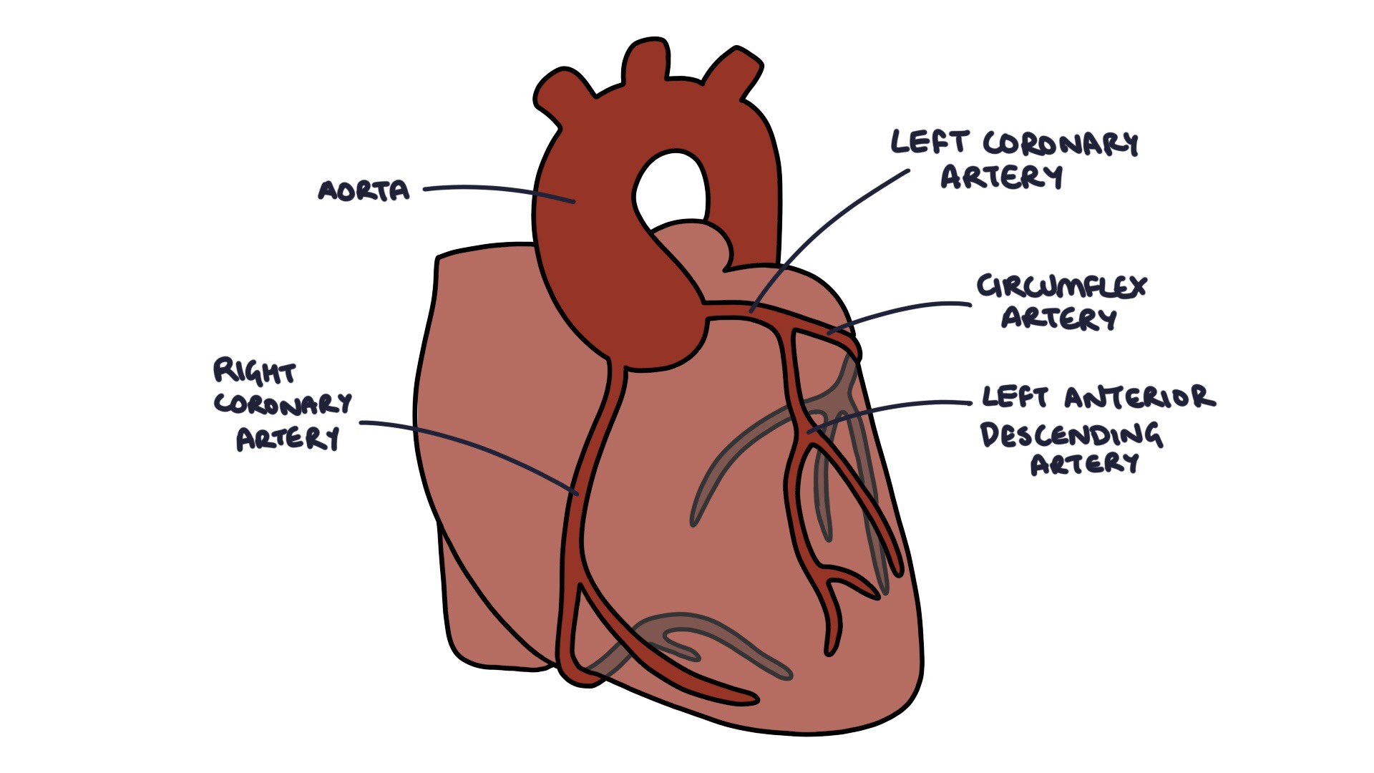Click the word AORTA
click(x=364, y=190)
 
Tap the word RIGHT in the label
click(x=254, y=371)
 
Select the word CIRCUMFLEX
click(x=1061, y=286)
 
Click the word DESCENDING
click(x=1071, y=434)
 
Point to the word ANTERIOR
click(x=1139, y=397)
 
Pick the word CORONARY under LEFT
click(x=1061, y=143)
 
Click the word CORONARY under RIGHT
click(x=283, y=404)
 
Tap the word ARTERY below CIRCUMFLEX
click(x=1058, y=318)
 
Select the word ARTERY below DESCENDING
click(x=1084, y=465)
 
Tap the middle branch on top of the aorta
click(x=646, y=61)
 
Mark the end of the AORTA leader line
click(x=574, y=202)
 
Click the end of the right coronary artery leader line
click(x=577, y=494)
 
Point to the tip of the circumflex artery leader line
click(x=829, y=334)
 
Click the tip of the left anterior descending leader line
click(x=809, y=432)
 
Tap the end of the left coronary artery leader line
click(x=751, y=311)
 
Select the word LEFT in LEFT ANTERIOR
click(x=1015, y=397)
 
